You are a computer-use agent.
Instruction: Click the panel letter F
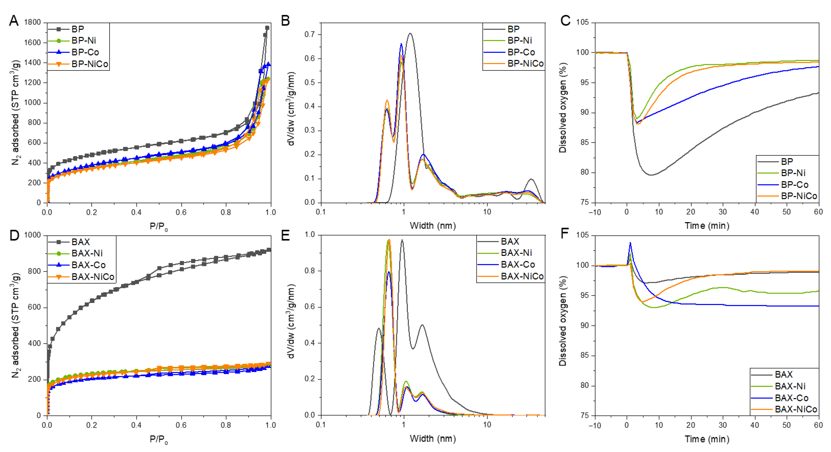[565, 234]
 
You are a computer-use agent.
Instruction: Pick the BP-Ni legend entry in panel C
[793, 173]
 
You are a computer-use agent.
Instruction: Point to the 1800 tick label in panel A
[33, 22]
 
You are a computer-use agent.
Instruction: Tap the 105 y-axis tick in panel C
[582, 22]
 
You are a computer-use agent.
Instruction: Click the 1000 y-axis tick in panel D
[33, 235]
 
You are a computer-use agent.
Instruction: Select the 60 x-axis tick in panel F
[818, 425]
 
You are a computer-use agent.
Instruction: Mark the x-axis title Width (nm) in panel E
[433, 438]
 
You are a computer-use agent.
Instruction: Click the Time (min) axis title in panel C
[707, 225]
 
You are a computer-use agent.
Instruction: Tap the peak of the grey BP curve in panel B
[410, 33]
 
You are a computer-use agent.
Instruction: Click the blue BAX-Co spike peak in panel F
[630, 243]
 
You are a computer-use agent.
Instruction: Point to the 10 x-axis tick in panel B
[487, 212]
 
